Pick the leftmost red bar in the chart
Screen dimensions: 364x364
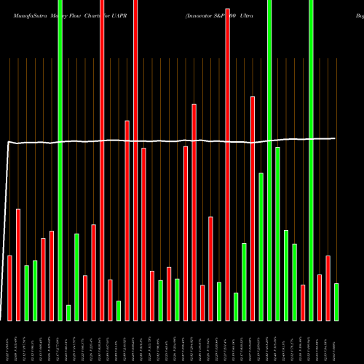point(10,288)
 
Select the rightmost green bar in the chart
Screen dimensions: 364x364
point(336,301)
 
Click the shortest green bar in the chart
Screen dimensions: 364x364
point(68,312)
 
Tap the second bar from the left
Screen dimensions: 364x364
point(18,264)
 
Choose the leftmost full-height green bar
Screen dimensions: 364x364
point(60,160)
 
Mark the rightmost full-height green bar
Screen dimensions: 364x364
point(312,160)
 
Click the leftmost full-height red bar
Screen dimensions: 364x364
point(102,160)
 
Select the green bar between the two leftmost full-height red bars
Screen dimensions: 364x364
point(119,310)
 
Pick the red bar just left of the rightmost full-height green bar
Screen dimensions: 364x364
point(303,302)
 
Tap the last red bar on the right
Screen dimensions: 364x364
point(328,288)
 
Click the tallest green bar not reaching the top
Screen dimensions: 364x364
point(277,234)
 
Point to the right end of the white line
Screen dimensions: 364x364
point(335,138)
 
